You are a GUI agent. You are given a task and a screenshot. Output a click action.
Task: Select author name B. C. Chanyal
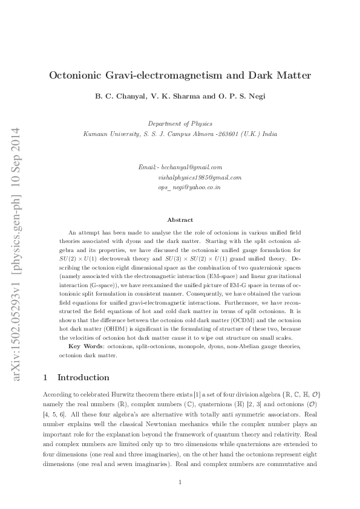click(x=120, y=96)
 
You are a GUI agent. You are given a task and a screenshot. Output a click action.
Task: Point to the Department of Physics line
click(x=180, y=123)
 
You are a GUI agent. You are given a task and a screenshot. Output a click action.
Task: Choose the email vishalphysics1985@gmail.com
click(x=200, y=177)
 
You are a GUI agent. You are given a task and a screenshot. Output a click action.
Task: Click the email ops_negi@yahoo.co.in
click(x=189, y=187)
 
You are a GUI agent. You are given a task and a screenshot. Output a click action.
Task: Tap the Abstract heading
click(x=180, y=220)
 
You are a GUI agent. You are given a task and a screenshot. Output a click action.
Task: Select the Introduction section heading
click(x=83, y=377)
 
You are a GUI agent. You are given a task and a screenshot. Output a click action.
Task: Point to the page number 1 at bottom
click(x=180, y=482)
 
